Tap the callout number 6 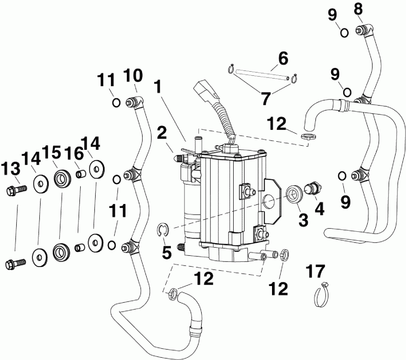283,58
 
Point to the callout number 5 167,253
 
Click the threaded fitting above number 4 312,188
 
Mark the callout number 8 359,9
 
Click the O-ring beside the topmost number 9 344,32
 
